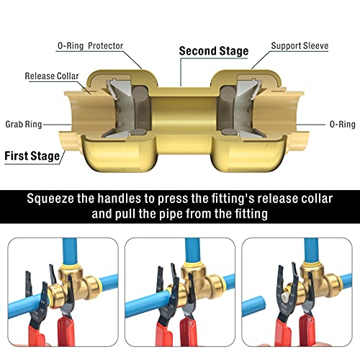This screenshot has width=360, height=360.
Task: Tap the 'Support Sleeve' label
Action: click(300, 46)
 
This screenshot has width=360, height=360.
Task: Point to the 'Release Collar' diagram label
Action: click(52, 76)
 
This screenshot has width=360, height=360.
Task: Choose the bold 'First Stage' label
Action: click(32, 155)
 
